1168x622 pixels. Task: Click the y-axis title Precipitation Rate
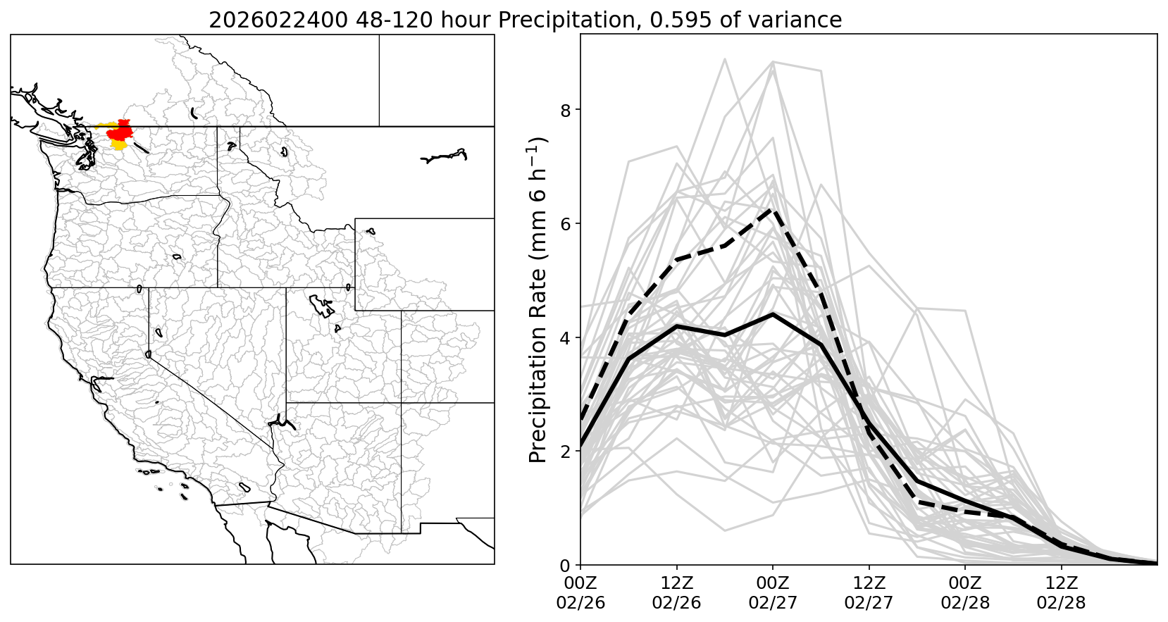[538, 299]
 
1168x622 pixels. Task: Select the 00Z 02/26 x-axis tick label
[580, 593]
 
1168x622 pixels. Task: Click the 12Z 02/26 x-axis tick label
[676, 593]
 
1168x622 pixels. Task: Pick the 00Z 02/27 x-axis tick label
[773, 593]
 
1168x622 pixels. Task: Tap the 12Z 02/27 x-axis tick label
[869, 593]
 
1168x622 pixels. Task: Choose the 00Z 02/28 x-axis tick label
[965, 593]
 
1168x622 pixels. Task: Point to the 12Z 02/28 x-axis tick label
[1061, 593]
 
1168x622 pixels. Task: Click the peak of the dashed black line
[773, 209]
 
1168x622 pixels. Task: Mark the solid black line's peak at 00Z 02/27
[773, 314]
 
